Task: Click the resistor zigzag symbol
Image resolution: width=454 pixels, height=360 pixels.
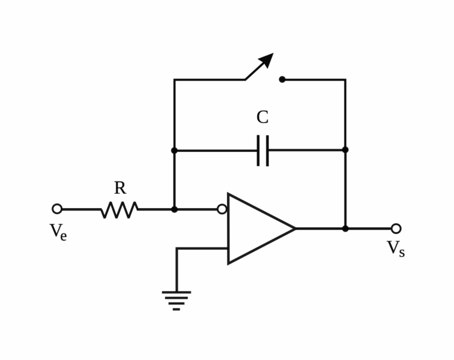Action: [x=120, y=209]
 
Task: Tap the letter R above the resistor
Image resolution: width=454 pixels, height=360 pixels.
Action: [x=120, y=188]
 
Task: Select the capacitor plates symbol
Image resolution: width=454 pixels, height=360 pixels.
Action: [x=263, y=151]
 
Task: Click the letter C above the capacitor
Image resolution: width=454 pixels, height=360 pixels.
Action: [x=262, y=117]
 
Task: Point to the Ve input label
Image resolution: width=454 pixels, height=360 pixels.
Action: [x=58, y=232]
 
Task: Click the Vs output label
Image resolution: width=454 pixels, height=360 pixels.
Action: [x=396, y=248]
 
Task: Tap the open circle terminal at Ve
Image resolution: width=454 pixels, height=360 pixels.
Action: [x=57, y=209]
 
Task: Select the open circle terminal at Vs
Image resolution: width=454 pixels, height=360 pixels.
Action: [x=396, y=229]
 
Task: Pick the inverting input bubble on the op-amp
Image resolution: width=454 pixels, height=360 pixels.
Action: [x=222, y=209]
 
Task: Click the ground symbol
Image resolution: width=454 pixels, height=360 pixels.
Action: [x=177, y=301]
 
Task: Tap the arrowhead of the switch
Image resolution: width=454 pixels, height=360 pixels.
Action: [x=267, y=59]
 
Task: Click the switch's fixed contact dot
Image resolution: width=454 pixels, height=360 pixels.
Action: [x=282, y=79]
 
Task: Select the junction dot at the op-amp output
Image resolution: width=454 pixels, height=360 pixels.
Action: [x=345, y=229]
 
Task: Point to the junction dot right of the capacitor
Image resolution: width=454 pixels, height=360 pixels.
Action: [x=345, y=149]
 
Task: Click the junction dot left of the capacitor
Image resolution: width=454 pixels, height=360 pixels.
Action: [x=174, y=151]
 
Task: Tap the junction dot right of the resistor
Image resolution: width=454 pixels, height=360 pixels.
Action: [x=174, y=209]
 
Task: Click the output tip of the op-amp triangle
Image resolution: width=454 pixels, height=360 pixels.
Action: [x=295, y=229]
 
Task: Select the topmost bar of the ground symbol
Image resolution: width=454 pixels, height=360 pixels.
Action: [x=177, y=292]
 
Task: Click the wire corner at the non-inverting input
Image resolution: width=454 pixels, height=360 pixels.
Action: [x=177, y=248]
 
